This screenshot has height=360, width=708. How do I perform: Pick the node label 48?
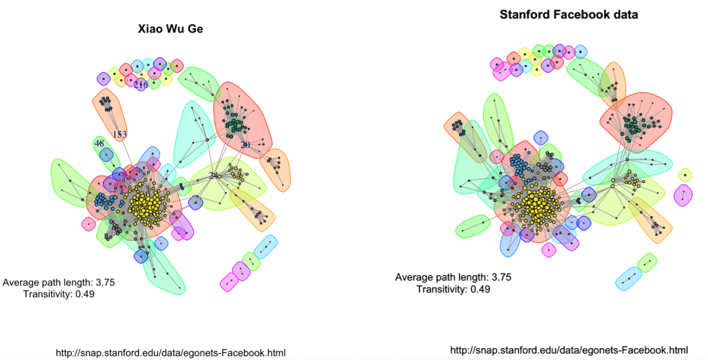point(99,143)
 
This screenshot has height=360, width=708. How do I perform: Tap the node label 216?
point(140,85)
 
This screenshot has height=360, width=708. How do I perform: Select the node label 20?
point(245,145)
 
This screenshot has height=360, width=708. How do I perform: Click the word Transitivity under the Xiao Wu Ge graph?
point(49,294)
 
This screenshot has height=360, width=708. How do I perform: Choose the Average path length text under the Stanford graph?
point(441,277)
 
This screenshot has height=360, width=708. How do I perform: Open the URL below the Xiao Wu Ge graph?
point(170,352)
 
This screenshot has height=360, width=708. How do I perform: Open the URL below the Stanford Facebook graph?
point(568,350)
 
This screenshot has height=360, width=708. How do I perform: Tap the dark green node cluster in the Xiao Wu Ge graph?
point(233,122)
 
